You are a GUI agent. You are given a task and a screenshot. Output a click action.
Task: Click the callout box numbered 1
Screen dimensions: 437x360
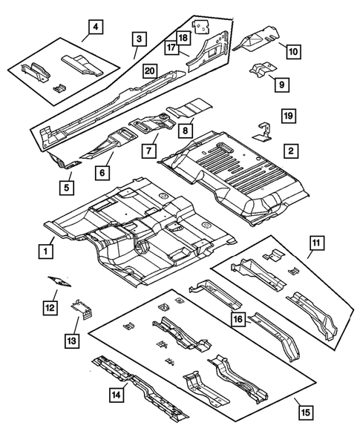pyautogui.click(x=47, y=252)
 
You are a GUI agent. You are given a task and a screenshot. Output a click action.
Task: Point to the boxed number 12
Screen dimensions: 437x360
pyautogui.click(x=50, y=306)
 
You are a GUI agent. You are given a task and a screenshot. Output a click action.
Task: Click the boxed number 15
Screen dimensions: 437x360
pyautogui.click(x=301, y=409)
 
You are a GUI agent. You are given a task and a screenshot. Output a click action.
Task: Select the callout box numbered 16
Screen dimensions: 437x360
pyautogui.click(x=238, y=320)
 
